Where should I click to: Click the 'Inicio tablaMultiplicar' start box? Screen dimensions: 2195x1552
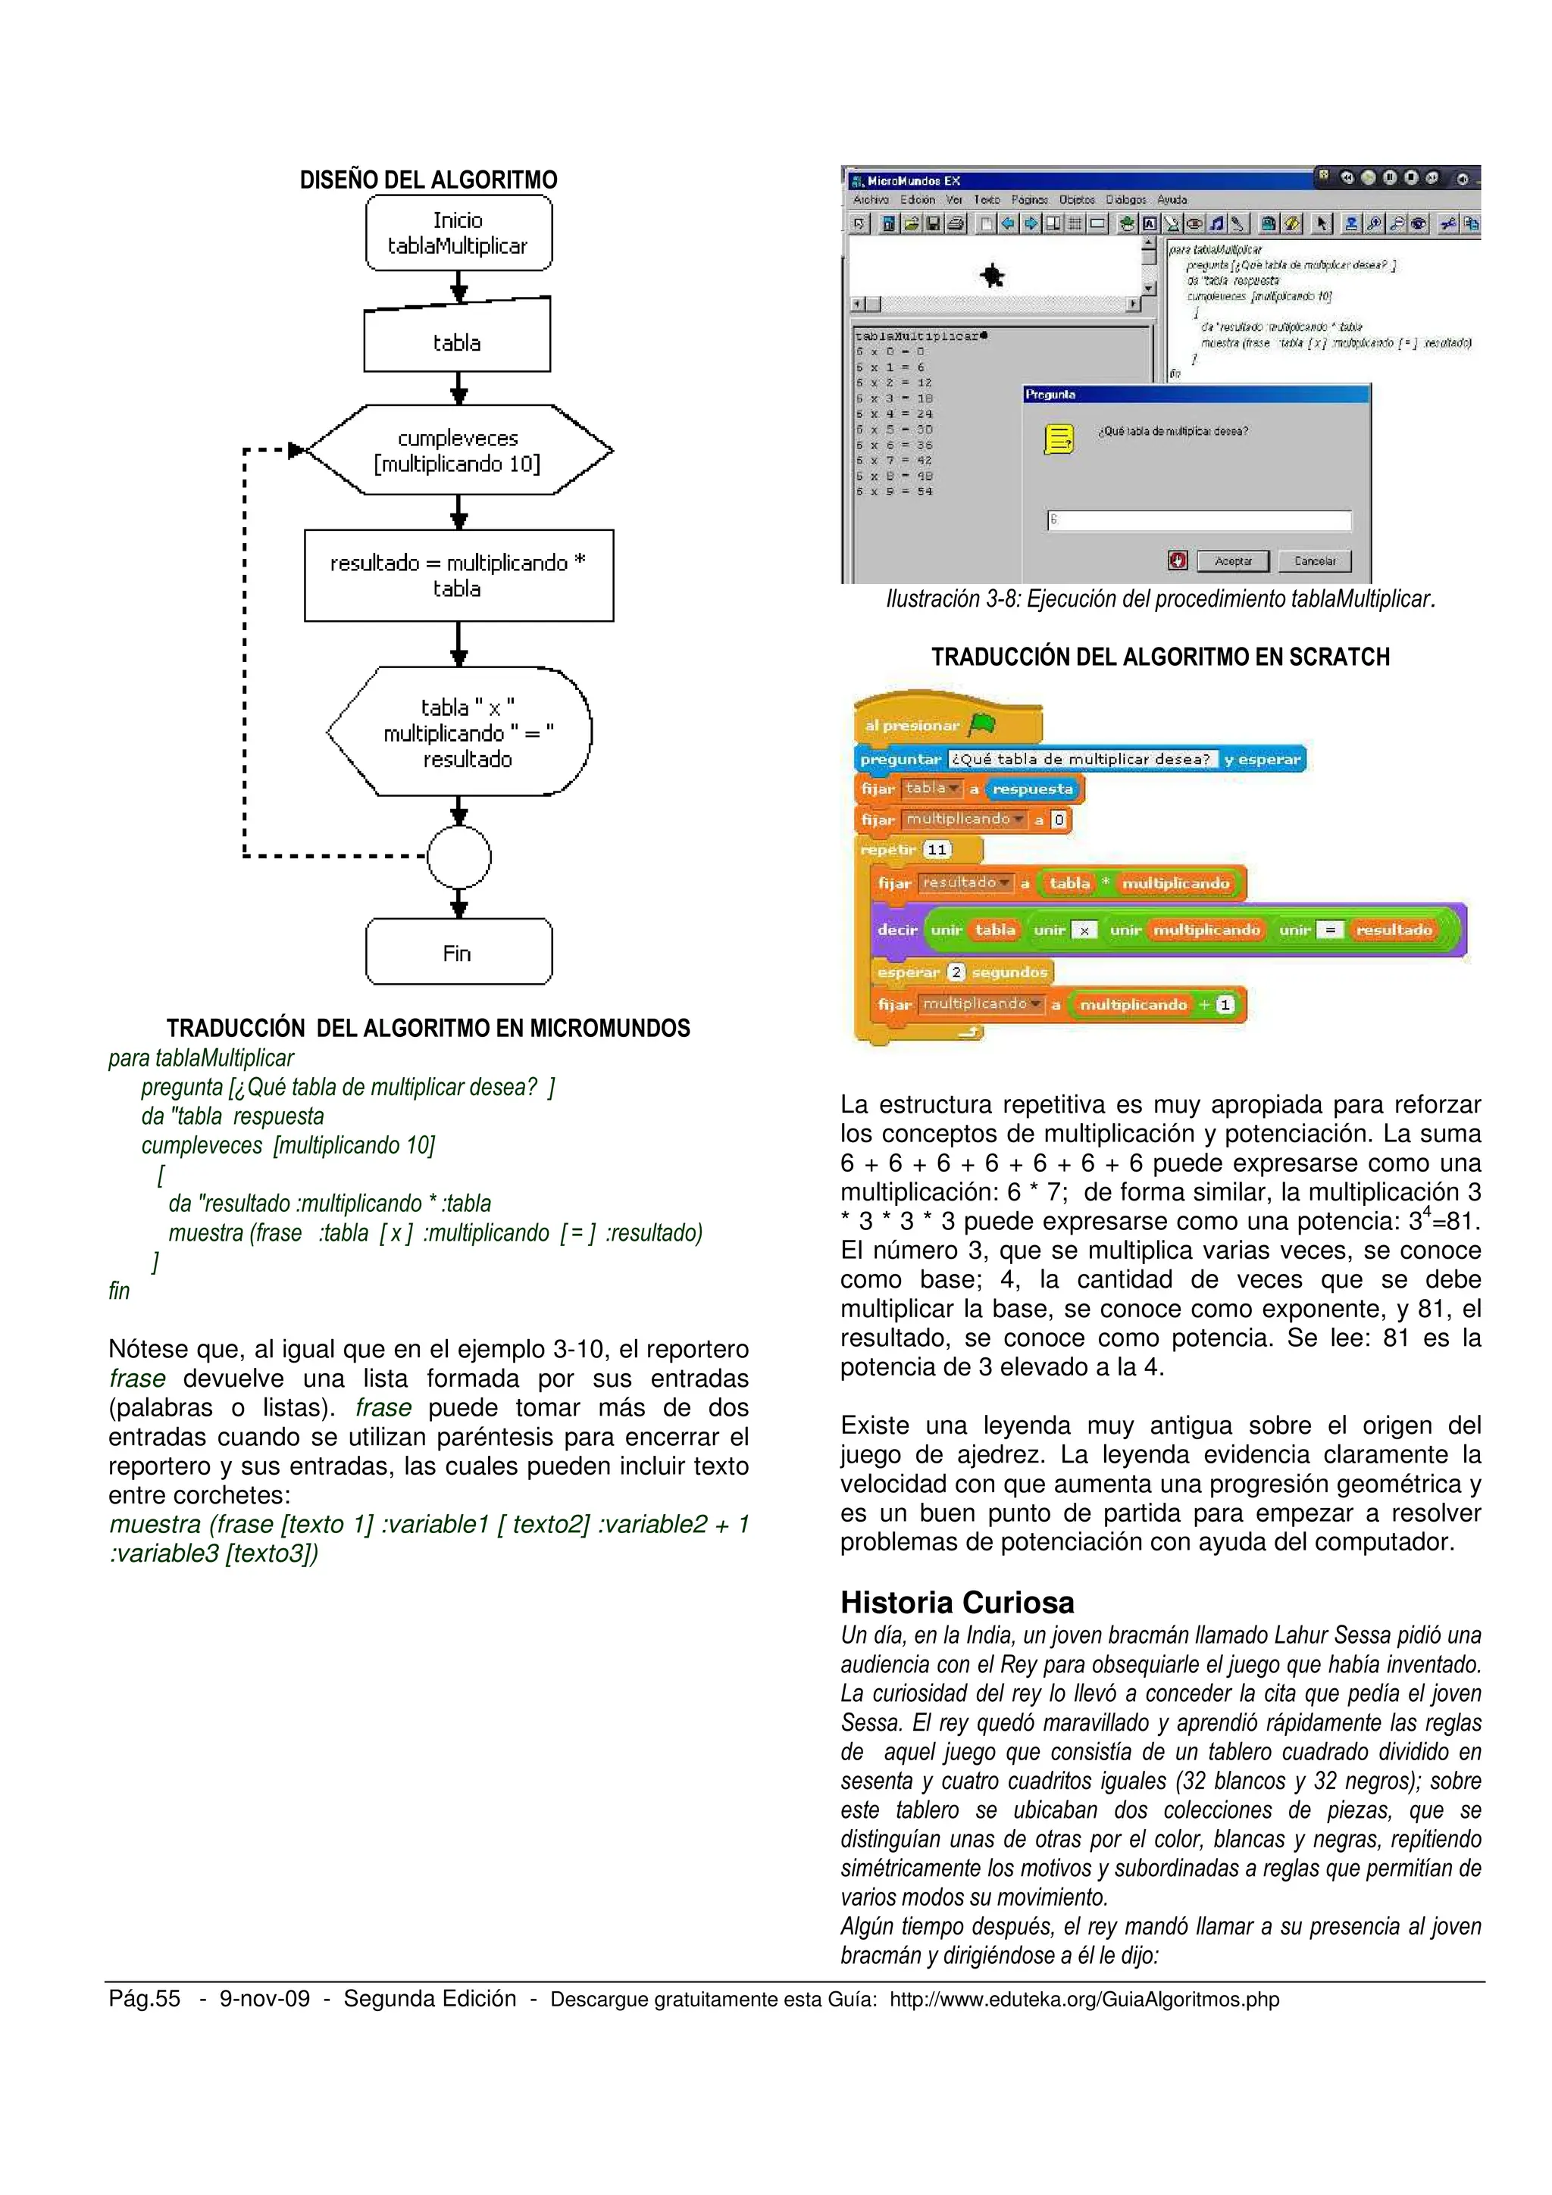click(x=458, y=233)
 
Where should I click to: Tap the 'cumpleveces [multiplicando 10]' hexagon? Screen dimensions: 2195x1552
click(x=458, y=450)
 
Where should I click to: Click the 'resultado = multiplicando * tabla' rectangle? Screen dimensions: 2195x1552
click(x=458, y=576)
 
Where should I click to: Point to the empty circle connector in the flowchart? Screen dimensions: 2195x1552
click(x=459, y=857)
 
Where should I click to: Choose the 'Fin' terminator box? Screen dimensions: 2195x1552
click(x=458, y=952)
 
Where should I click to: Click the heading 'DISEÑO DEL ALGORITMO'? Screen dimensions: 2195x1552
click(x=428, y=180)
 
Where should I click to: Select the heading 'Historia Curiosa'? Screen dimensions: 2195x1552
click(x=957, y=1602)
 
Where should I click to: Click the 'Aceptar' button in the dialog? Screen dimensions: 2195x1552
click(x=1233, y=561)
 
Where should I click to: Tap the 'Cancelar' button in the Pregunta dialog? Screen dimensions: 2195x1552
click(x=1315, y=561)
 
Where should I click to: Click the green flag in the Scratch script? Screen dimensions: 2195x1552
click(x=982, y=725)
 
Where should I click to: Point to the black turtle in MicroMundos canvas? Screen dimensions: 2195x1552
click(x=993, y=276)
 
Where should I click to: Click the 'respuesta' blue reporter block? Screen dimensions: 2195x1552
click(x=1032, y=788)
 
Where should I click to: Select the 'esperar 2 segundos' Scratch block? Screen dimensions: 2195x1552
click(x=962, y=973)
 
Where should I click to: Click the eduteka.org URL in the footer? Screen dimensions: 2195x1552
click(x=1084, y=1999)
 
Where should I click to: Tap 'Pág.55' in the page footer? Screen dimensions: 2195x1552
click(x=145, y=1998)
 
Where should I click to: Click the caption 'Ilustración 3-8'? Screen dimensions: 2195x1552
click(x=1160, y=599)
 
